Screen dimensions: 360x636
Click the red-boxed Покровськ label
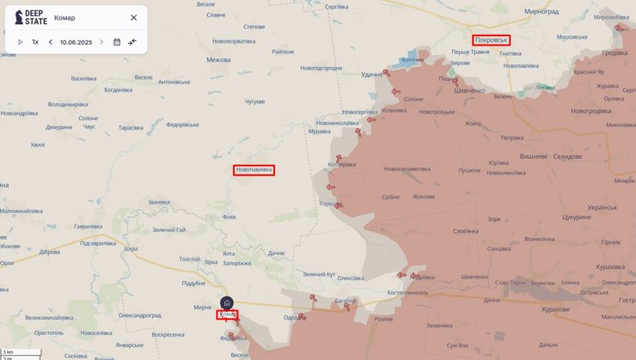click(x=492, y=40)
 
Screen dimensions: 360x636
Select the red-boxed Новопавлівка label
click(x=254, y=170)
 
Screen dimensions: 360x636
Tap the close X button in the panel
click(x=133, y=17)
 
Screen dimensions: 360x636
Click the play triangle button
click(x=20, y=41)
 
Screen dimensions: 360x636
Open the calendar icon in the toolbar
click(x=117, y=41)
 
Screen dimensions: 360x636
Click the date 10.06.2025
click(x=76, y=41)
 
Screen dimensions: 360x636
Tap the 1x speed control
click(x=35, y=41)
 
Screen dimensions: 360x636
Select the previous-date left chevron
click(x=51, y=41)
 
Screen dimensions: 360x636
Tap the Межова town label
click(x=218, y=60)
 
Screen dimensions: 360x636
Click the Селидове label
click(x=567, y=156)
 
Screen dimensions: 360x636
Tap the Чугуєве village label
click(x=254, y=101)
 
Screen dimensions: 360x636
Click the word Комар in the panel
click(x=64, y=17)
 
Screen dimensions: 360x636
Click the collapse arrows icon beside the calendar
click(x=132, y=41)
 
